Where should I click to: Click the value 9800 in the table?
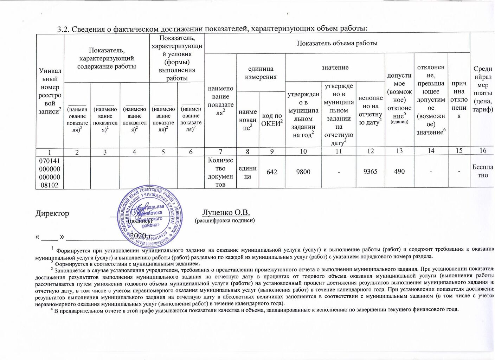(303, 172)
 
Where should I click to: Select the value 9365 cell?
(370, 172)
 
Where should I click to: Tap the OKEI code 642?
(272, 172)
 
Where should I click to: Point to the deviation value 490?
(399, 172)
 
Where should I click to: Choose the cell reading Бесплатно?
(483, 171)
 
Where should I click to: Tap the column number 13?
(399, 151)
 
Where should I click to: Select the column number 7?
(220, 152)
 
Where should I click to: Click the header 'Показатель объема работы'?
(337, 43)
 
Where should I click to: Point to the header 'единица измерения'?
(261, 73)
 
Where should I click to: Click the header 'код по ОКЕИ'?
(272, 120)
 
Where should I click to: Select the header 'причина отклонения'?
(459, 99)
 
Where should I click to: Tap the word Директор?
(52, 213)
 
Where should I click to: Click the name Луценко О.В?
(226, 212)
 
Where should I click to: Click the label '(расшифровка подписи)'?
(225, 221)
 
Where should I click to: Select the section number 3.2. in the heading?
(64, 29)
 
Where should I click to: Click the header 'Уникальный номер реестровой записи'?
(50, 91)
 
